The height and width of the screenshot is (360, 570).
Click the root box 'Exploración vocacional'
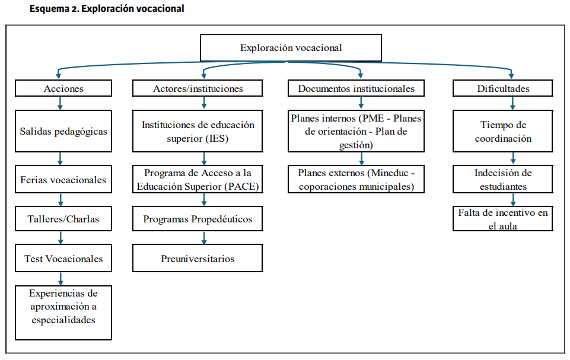click(x=291, y=47)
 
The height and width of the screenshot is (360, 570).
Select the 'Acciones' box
click(x=63, y=88)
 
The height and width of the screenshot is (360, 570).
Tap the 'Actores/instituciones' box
click(x=198, y=88)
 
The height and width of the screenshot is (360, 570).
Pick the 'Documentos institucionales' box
click(x=356, y=88)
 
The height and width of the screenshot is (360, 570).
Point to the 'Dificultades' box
click(x=503, y=88)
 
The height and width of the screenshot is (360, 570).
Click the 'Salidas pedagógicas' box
click(x=63, y=131)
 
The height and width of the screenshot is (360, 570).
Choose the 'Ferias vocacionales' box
click(x=63, y=179)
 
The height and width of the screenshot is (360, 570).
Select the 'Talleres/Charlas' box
click(x=63, y=218)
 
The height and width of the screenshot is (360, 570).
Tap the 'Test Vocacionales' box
click(x=63, y=258)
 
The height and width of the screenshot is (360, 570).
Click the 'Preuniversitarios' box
click(x=198, y=258)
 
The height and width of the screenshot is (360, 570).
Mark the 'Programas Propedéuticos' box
click(x=198, y=218)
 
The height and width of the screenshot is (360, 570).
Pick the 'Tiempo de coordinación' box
click(x=503, y=131)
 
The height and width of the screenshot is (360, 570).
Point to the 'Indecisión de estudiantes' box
click(x=503, y=179)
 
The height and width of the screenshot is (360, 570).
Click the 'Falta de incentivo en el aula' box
click(x=503, y=218)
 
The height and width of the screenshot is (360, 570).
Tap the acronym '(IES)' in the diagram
click(x=218, y=139)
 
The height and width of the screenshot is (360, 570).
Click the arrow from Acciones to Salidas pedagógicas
click(x=60, y=103)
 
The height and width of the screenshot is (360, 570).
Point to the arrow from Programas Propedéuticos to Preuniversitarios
click(x=204, y=237)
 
